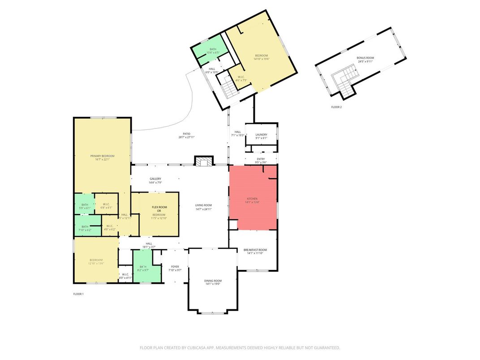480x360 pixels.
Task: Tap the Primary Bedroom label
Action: click(x=103, y=156)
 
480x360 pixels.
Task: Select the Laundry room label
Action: click(x=261, y=134)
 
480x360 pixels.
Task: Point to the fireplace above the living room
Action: click(x=204, y=161)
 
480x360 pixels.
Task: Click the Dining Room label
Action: click(x=213, y=281)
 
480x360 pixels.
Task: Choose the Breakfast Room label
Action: click(x=255, y=250)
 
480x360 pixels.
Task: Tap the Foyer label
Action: click(x=175, y=266)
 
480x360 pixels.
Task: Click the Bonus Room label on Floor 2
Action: click(x=365, y=58)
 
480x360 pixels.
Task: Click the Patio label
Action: click(x=187, y=134)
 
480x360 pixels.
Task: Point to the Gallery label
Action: click(x=155, y=179)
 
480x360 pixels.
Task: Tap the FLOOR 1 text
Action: click(x=78, y=294)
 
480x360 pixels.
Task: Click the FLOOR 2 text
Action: click(x=336, y=107)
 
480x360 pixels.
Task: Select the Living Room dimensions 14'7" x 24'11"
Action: click(x=203, y=209)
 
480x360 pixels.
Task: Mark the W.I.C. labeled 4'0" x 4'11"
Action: click(x=125, y=276)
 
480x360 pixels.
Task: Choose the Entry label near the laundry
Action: click(x=261, y=159)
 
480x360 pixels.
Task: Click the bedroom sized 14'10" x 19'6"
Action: click(x=261, y=57)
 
